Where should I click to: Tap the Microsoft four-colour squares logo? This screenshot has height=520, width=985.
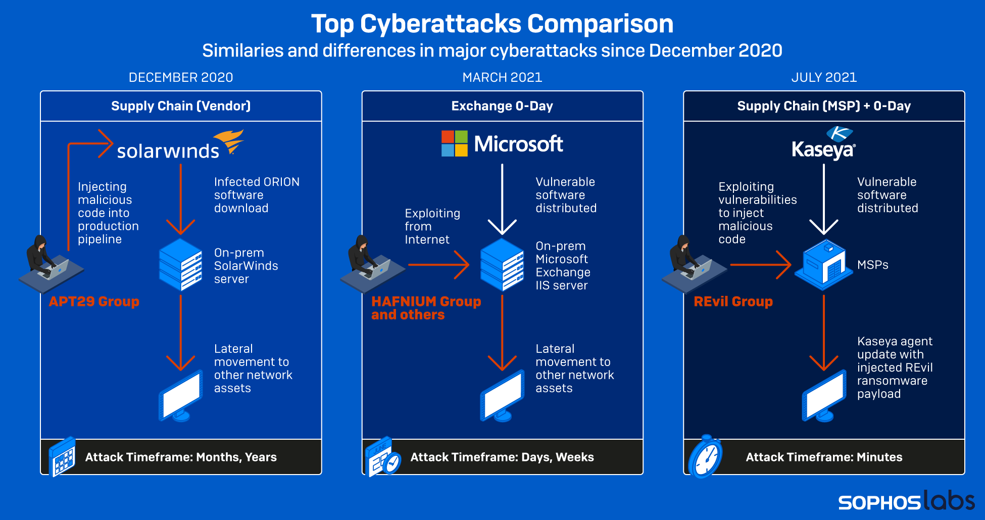(x=454, y=143)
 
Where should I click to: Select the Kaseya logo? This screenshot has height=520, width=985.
(x=823, y=144)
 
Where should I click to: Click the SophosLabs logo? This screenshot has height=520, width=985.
(x=906, y=501)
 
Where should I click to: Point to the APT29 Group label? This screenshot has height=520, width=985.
(x=94, y=301)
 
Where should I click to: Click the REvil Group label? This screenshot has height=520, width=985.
(x=733, y=301)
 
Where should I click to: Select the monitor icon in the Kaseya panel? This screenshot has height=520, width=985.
(x=824, y=397)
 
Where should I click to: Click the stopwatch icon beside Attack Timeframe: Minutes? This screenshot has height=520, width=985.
(x=706, y=457)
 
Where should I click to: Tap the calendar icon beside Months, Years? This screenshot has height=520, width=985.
(x=63, y=457)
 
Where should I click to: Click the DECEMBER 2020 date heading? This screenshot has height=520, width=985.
(x=181, y=77)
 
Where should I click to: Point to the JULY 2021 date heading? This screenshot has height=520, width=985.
(x=824, y=77)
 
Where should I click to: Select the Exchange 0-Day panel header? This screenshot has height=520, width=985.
(x=502, y=106)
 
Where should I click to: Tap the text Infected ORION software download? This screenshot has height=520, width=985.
(x=256, y=195)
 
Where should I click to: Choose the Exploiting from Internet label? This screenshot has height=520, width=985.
(x=432, y=226)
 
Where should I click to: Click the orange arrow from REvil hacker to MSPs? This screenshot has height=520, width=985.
(x=760, y=265)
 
